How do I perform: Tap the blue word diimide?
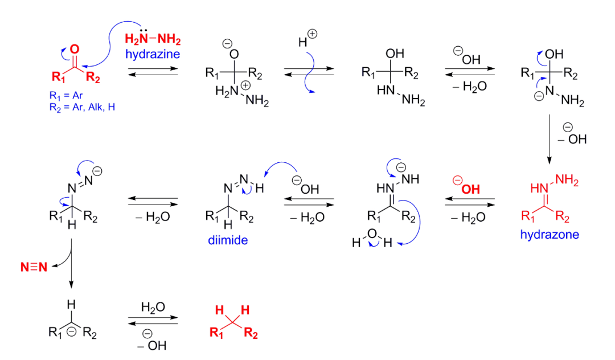pos(228,241)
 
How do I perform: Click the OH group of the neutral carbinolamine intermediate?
pos(395,54)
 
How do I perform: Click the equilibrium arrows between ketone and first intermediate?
pos(153,71)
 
